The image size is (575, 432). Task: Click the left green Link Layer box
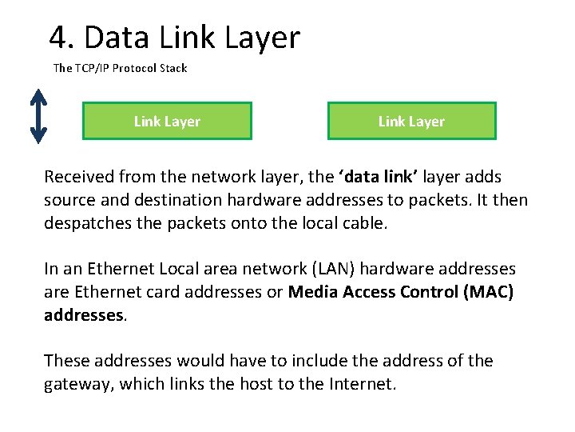(167, 121)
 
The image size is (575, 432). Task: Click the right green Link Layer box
(411, 121)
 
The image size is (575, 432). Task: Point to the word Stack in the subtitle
(172, 68)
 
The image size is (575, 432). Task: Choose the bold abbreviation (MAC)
(488, 292)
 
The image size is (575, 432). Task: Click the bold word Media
(313, 292)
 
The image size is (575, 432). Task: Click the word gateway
(80, 384)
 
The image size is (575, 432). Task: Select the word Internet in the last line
(361, 384)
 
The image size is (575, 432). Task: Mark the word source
(69, 199)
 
